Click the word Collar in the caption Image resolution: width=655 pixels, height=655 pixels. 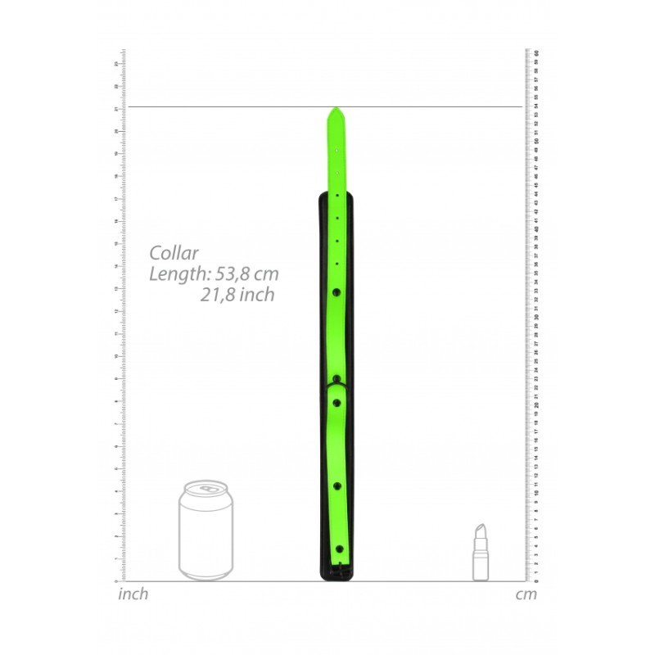click(x=174, y=253)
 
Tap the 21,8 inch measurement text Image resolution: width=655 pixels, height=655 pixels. click(x=237, y=295)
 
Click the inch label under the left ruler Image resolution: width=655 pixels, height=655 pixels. click(x=133, y=594)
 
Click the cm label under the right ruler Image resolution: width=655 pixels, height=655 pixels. click(x=526, y=594)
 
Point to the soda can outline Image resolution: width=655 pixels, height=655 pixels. click(x=206, y=532)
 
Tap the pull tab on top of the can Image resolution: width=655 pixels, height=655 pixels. click(x=206, y=489)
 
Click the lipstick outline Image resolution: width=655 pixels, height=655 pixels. click(x=480, y=553)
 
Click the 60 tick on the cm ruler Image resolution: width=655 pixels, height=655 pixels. click(x=535, y=52)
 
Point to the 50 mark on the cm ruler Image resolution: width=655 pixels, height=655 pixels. click(x=535, y=141)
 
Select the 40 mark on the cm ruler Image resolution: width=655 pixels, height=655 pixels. click(x=535, y=229)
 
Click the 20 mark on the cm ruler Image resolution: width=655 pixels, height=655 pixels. click(x=535, y=405)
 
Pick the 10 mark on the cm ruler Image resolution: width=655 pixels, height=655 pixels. click(x=535, y=494)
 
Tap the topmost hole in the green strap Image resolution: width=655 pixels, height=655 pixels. click(x=337, y=150)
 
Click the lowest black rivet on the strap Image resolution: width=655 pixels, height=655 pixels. click(x=338, y=549)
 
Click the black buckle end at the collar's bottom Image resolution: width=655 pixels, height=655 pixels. click(x=336, y=573)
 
